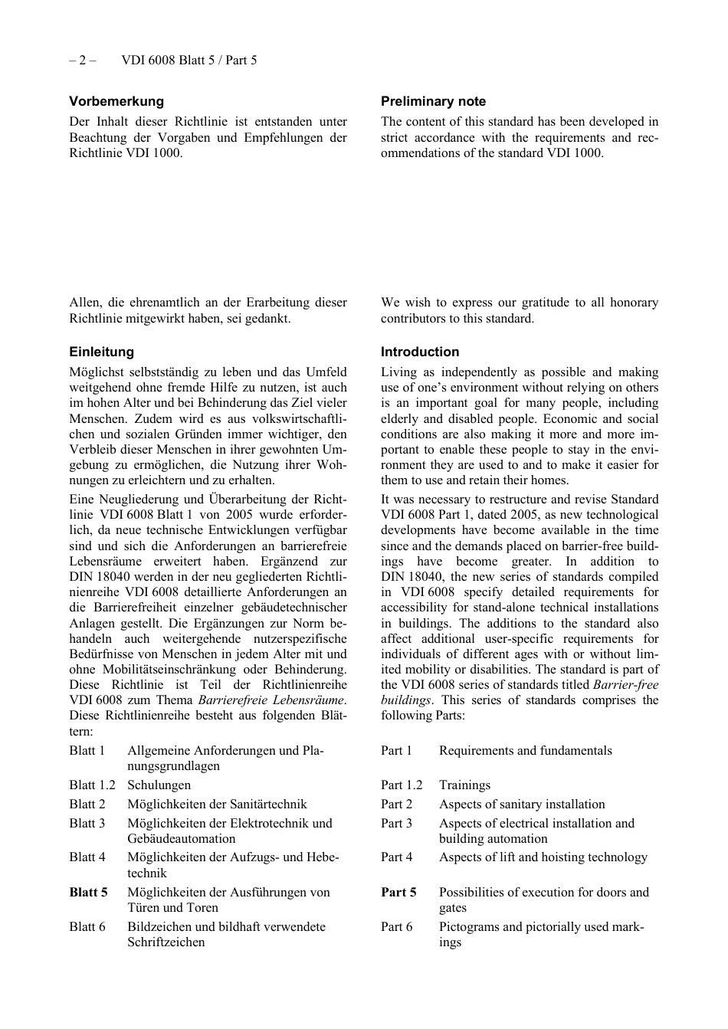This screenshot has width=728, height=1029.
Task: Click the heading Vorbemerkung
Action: click(x=116, y=101)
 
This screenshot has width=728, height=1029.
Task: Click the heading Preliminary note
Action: click(x=433, y=101)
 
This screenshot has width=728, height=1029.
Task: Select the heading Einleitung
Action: click(x=101, y=352)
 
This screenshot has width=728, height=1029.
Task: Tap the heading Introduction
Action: click(x=420, y=352)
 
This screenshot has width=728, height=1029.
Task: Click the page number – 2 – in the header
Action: click(x=82, y=60)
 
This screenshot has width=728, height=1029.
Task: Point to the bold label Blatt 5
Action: click(x=88, y=892)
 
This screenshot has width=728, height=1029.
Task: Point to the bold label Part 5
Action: click(x=398, y=892)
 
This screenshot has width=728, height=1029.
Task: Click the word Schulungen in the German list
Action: click(x=159, y=785)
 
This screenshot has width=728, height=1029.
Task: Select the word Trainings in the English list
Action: click(x=464, y=785)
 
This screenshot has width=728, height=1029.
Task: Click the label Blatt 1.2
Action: click(x=92, y=785)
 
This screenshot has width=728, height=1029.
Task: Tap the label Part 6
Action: click(x=396, y=926)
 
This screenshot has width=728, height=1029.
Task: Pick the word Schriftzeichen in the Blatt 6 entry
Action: click(x=166, y=942)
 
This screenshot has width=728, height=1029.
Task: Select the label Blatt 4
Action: click(x=87, y=857)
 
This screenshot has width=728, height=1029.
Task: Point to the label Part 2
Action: click(x=396, y=804)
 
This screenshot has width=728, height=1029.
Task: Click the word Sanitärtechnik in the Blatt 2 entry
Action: click(x=268, y=804)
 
